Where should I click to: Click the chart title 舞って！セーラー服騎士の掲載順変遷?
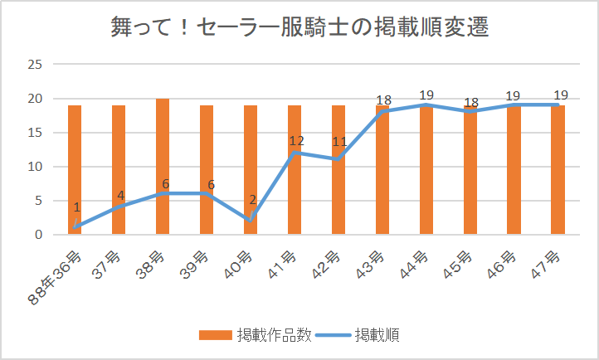(299, 27)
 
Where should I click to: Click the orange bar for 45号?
(470, 191)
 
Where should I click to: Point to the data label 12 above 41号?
(297, 141)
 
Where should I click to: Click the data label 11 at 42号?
(338, 141)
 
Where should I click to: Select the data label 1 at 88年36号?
(76, 208)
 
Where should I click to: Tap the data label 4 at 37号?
(120, 196)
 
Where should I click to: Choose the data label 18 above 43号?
(383, 100)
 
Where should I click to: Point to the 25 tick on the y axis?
(36, 64)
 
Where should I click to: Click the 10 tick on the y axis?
(36, 167)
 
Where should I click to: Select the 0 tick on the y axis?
(39, 235)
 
